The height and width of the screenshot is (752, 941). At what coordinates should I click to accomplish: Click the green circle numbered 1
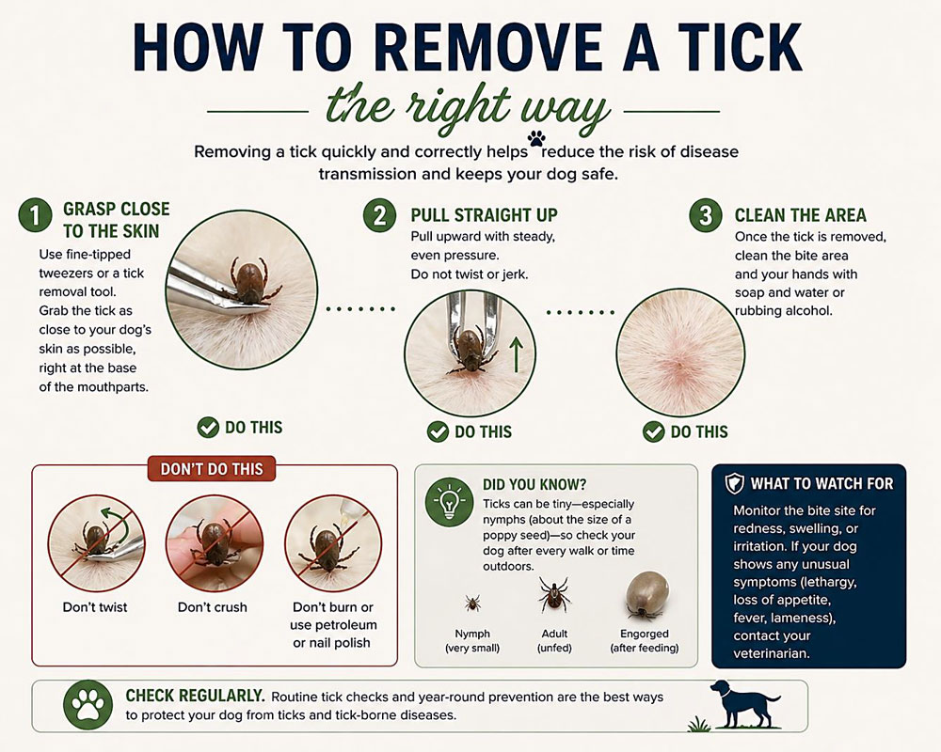pyautogui.click(x=35, y=215)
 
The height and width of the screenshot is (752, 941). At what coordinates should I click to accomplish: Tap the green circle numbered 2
pyautogui.click(x=380, y=215)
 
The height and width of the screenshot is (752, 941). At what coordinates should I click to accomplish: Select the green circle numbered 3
pyautogui.click(x=706, y=215)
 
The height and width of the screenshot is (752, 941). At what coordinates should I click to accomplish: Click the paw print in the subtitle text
pyautogui.click(x=536, y=138)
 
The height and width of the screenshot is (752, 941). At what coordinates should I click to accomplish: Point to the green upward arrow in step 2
pyautogui.click(x=516, y=353)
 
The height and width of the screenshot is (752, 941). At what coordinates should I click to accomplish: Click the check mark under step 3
pyautogui.click(x=654, y=431)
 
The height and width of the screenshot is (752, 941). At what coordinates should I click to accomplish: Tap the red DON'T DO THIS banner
pyautogui.click(x=212, y=469)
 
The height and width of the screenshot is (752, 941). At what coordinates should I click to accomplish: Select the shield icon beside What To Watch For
pyautogui.click(x=735, y=484)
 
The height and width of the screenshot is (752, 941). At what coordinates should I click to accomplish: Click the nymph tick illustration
pyautogui.click(x=472, y=603)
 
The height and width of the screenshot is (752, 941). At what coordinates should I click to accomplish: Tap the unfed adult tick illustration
pyautogui.click(x=553, y=594)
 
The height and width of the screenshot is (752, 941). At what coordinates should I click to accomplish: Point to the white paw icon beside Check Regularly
pyautogui.click(x=88, y=705)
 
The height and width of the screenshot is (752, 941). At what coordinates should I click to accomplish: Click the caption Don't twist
pyautogui.click(x=95, y=607)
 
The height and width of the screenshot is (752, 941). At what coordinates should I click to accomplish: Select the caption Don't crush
pyautogui.click(x=213, y=607)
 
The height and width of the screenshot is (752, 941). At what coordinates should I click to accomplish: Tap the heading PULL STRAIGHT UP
pyautogui.click(x=484, y=214)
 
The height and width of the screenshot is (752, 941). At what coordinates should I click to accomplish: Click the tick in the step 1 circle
pyautogui.click(x=249, y=279)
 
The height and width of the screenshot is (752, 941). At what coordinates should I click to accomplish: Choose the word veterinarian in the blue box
pyautogui.click(x=772, y=653)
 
